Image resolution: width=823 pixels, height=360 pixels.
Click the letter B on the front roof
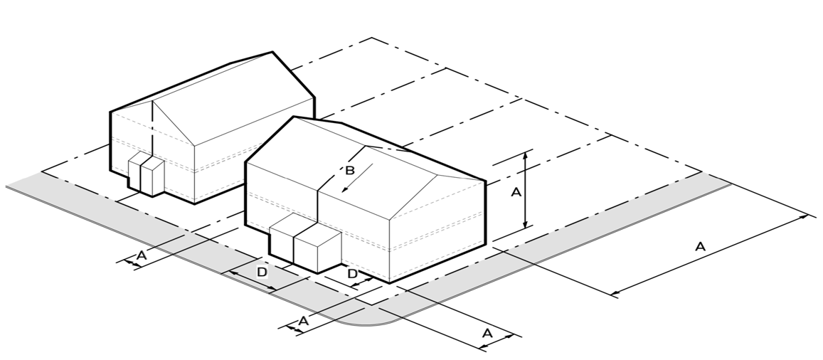coord(350,171)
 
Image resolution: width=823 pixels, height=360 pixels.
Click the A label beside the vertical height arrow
coord(516,193)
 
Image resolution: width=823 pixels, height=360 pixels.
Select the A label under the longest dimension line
coord(700,247)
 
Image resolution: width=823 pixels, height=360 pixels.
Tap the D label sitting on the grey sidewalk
coord(261,272)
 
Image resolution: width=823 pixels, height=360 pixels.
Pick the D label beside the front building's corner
coord(353,274)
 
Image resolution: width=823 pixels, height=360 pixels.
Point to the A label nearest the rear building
coord(141,255)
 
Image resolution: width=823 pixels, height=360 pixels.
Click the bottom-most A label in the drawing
coord(487,333)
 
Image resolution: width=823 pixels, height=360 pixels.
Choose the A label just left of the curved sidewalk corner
coord(303,321)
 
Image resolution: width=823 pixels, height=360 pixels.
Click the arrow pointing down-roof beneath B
coord(357,178)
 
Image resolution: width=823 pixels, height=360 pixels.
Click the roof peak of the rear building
coord(272,52)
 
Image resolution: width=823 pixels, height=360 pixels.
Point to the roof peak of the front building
coord(294,117)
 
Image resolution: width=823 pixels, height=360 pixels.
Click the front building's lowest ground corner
coord(389,282)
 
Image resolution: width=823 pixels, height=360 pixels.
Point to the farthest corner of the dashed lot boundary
coord(371,38)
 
